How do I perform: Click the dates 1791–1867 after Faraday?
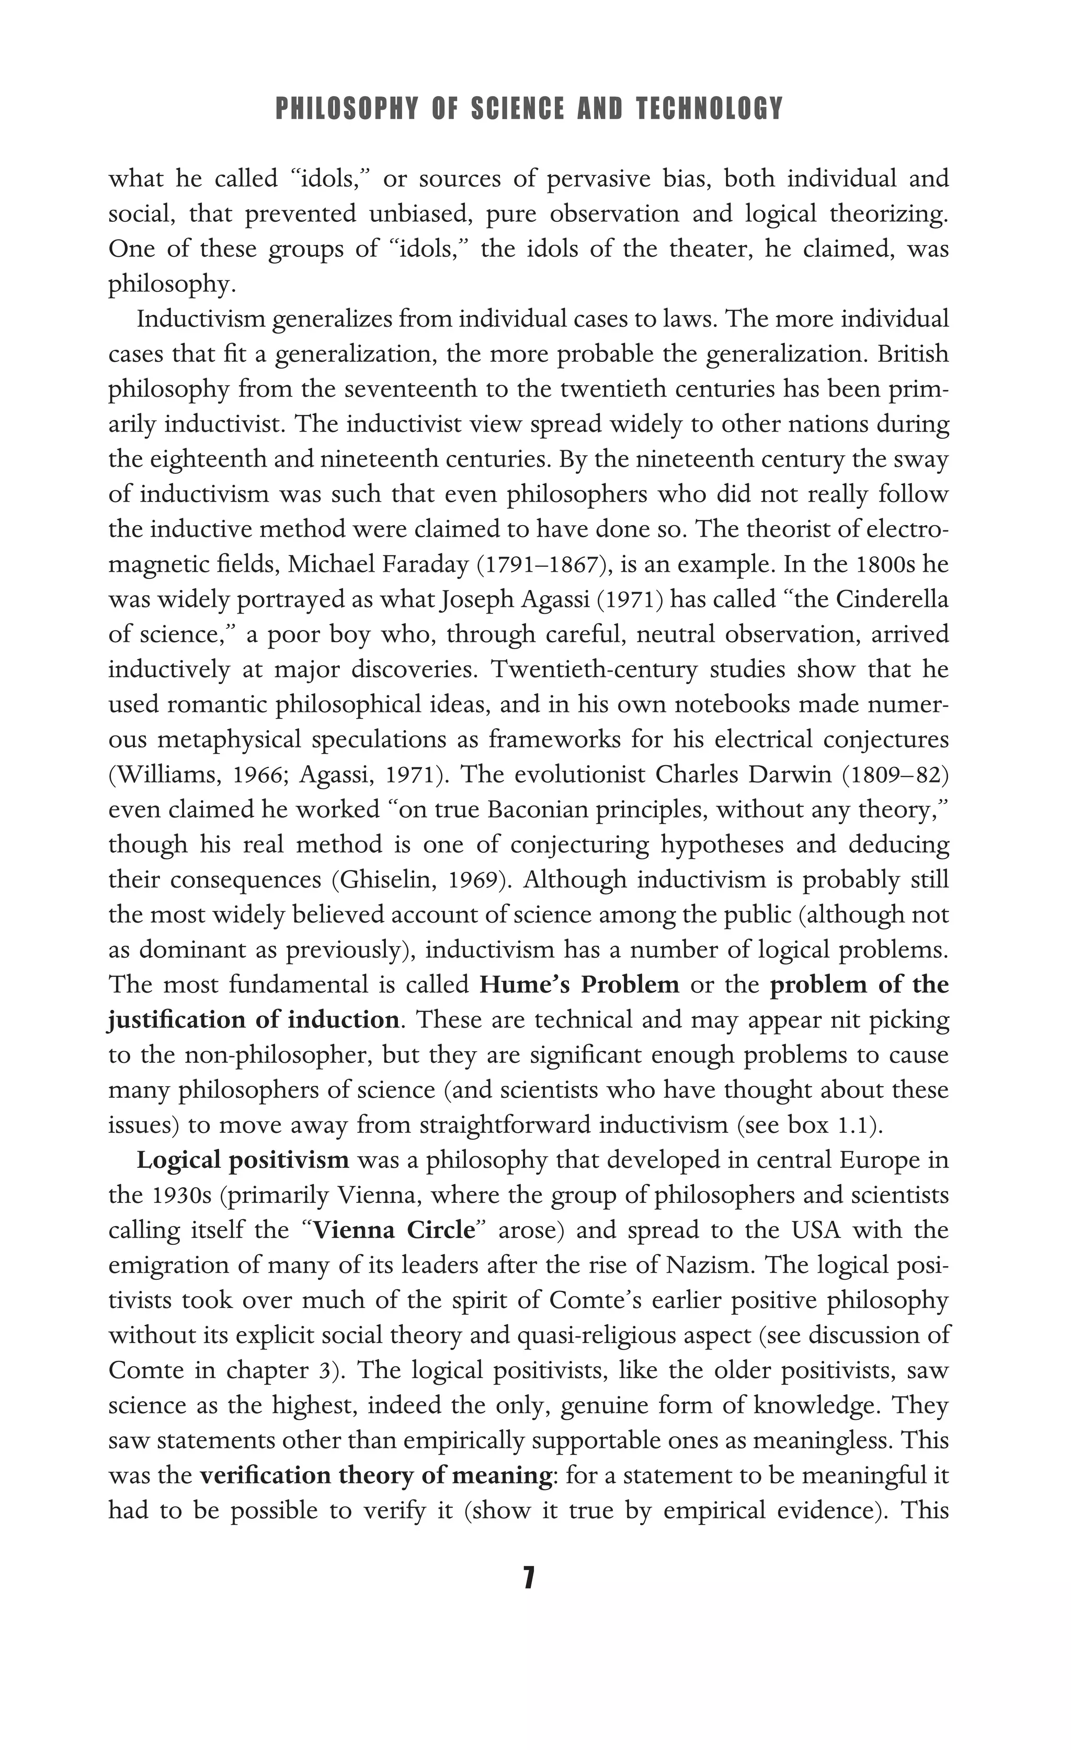544,565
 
